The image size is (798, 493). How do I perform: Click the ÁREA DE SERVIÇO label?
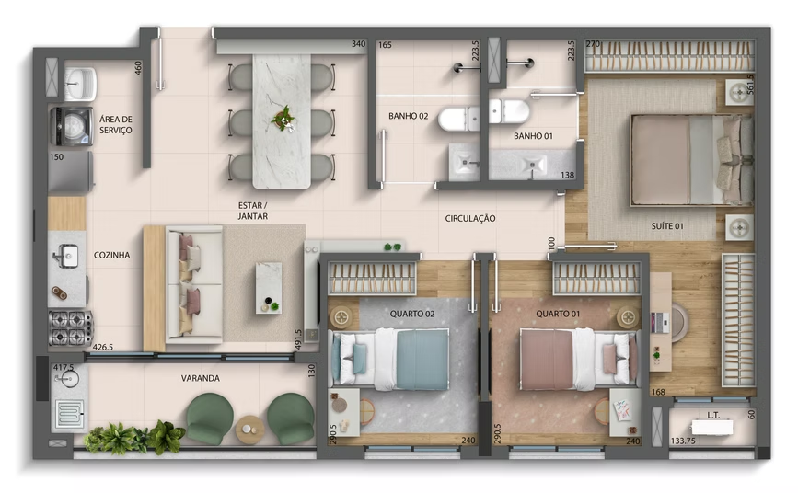point(116,125)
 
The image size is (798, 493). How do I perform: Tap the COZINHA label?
point(112,255)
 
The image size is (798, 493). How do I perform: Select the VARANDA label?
point(201,378)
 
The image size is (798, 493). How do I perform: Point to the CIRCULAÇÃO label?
point(470,219)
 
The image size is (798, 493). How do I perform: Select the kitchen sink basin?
point(66,256)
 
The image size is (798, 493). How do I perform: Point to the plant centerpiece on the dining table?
point(283,118)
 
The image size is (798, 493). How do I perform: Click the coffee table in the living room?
point(269,287)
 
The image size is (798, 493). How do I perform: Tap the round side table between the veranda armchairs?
point(249,428)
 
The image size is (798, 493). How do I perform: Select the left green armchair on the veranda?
point(210,418)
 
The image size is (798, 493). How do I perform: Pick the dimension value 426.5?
point(103,348)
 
